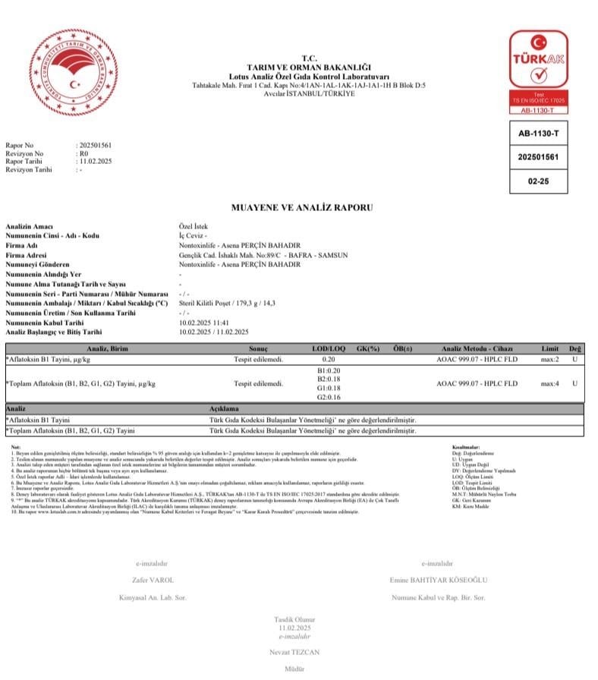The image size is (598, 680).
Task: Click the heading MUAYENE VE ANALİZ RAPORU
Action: [x=302, y=207]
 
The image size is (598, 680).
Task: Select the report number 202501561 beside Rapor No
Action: [x=95, y=144]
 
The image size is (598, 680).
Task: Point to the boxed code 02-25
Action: [x=542, y=181]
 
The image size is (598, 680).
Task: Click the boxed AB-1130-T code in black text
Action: [x=542, y=134]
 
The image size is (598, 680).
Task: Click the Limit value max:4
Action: [x=549, y=383]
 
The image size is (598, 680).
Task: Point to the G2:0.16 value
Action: [x=329, y=397]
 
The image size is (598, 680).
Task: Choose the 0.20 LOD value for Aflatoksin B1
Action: [x=329, y=358]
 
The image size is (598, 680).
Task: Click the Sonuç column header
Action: [x=258, y=348]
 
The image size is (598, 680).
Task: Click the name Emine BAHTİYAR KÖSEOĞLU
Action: [x=438, y=581]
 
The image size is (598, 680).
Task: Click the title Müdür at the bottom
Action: [x=293, y=670]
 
